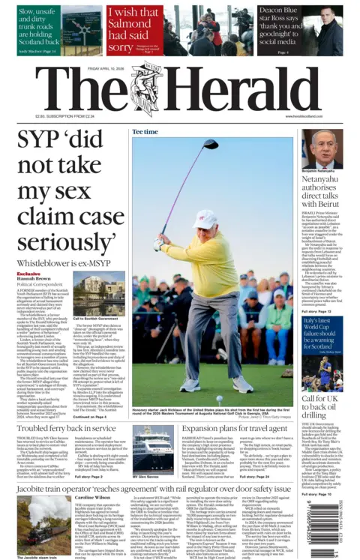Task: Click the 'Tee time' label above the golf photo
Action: pos(145,132)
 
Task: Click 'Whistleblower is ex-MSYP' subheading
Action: pos(55,263)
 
